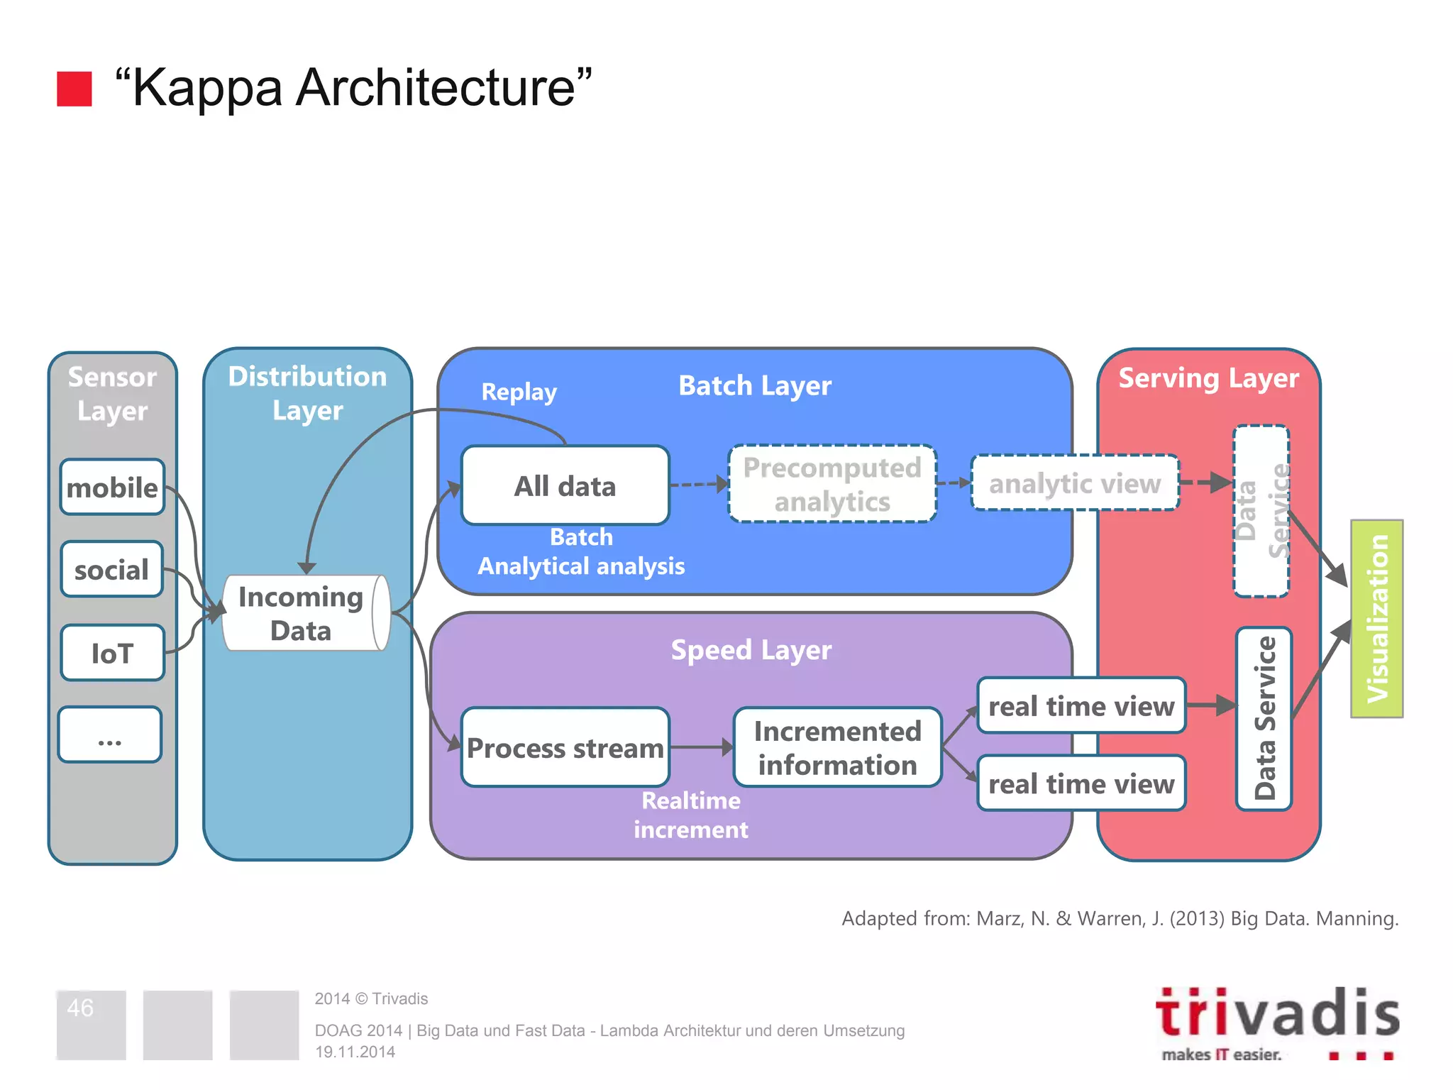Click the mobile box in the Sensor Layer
pyautogui.click(x=112, y=488)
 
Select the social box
pyautogui.click(x=112, y=570)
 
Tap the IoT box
pyautogui.click(x=112, y=653)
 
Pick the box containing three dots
pyautogui.click(x=110, y=735)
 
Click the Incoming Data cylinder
pyautogui.click(x=305, y=614)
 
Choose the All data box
pyautogui.click(x=565, y=486)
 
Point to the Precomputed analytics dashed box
pyautogui.click(x=832, y=485)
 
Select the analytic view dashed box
pyautogui.click(x=1075, y=483)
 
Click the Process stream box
pyautogui.click(x=565, y=747)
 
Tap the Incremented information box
pyautogui.click(x=837, y=747)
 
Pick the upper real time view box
pyautogui.click(x=1081, y=706)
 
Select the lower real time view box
pyautogui.click(x=1081, y=783)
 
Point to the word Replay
pyautogui.click(x=519, y=392)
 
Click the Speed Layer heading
pyautogui.click(x=751, y=650)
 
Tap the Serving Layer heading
pyautogui.click(x=1208, y=378)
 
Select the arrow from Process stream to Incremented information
pyautogui.click(x=701, y=747)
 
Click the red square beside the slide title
pyautogui.click(x=74, y=89)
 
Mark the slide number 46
pyautogui.click(x=80, y=1008)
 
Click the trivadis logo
pyautogui.click(x=1277, y=1022)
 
